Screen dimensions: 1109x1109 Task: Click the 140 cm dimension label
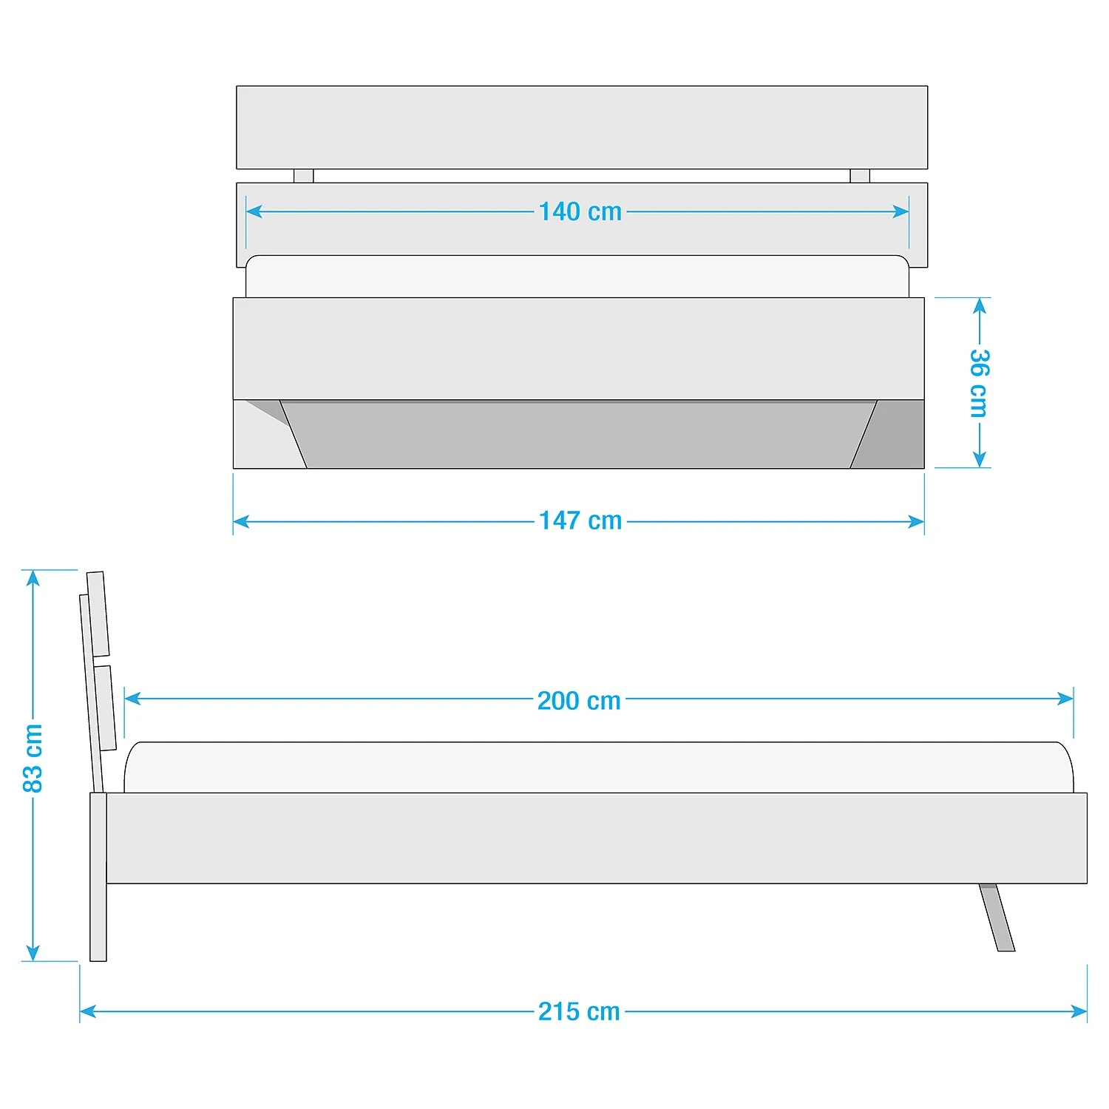[580, 211]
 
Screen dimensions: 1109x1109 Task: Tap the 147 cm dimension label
[580, 520]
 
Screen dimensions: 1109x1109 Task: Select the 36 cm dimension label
[980, 383]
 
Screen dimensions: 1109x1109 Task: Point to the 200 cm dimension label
[579, 700]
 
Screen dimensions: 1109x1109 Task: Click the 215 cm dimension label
[579, 1011]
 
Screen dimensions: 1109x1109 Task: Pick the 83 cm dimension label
[33, 758]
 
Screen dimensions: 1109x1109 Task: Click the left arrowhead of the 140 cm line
[254, 211]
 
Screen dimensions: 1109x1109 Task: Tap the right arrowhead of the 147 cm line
[916, 521]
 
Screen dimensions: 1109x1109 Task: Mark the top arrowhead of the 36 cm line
[980, 306]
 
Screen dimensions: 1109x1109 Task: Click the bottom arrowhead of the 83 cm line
[33, 952]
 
